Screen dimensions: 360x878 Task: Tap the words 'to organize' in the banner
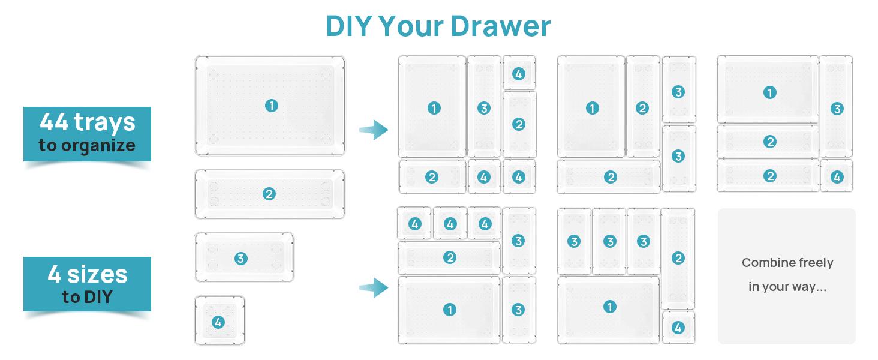[87, 146]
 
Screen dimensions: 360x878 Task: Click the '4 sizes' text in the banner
[87, 274]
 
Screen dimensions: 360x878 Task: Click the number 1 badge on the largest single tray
[271, 106]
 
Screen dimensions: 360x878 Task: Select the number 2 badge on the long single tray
[269, 194]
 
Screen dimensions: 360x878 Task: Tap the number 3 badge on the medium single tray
[240, 259]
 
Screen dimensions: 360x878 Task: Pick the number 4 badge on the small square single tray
[218, 322]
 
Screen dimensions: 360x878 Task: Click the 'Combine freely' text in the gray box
[787, 263]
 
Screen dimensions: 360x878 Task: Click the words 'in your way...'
[787, 287]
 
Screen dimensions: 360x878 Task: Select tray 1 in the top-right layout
[769, 92]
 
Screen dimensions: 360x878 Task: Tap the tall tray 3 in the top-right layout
[837, 109]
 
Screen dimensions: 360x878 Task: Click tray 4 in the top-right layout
[837, 177]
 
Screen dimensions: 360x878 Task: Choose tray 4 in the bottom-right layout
[678, 328]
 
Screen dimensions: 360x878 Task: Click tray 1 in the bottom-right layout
[609, 307]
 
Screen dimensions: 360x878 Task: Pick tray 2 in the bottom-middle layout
[450, 257]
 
